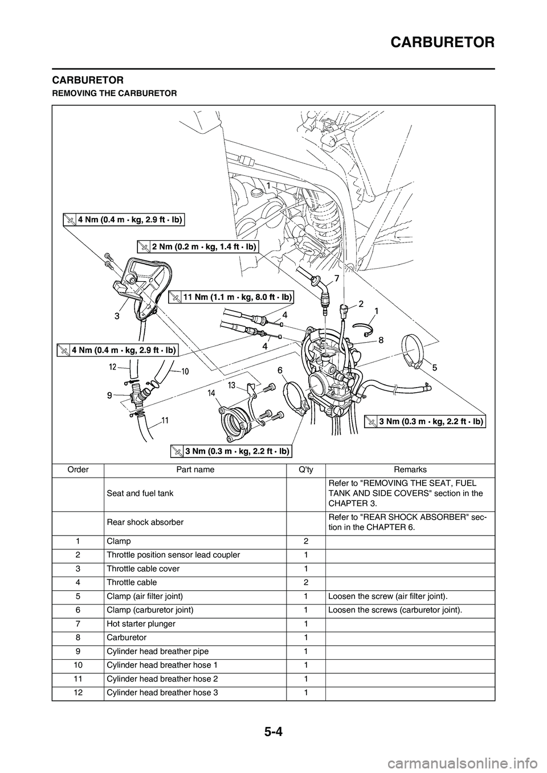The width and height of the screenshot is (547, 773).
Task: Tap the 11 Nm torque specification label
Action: [x=232, y=296]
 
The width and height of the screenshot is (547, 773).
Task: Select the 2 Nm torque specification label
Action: [x=198, y=246]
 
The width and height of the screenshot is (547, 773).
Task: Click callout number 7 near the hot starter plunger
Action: [x=337, y=278]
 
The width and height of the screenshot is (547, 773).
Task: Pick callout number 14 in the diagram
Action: [x=211, y=393]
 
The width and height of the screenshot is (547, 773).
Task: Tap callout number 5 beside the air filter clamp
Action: [x=434, y=368]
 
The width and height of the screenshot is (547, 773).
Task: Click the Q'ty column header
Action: [x=306, y=470]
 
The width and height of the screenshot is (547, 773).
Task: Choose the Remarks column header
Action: [x=410, y=470]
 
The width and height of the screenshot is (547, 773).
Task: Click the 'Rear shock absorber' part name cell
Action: [x=145, y=522]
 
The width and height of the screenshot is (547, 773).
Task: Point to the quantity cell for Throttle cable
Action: [x=306, y=582]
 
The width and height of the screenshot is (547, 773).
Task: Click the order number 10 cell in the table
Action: [x=78, y=665]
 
